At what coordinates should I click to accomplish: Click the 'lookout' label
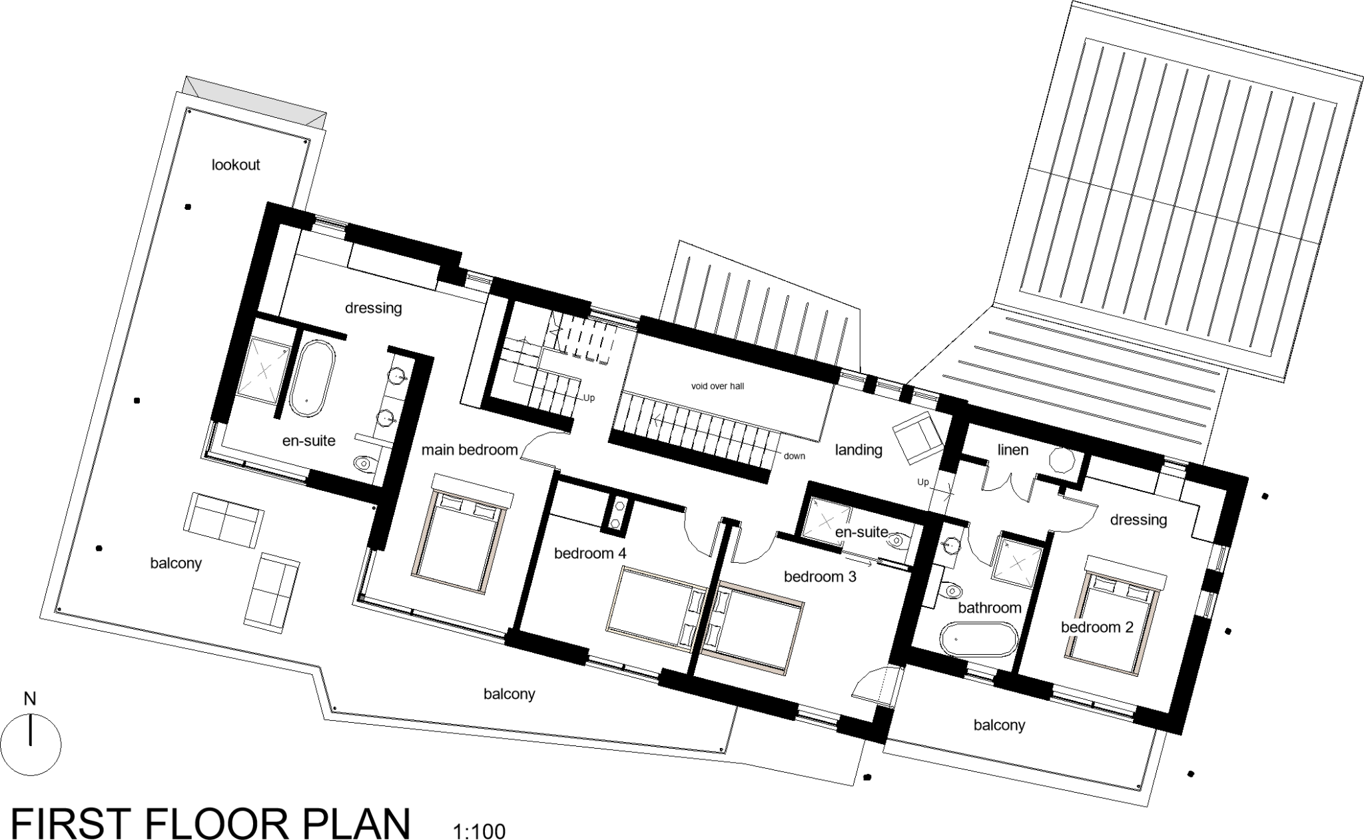[x=236, y=165]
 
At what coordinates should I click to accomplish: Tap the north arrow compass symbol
[x=31, y=745]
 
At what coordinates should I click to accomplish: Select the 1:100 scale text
[x=479, y=831]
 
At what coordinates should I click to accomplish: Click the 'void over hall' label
[x=717, y=386]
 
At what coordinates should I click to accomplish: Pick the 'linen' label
[x=1012, y=450]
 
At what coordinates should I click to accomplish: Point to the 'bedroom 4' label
[x=590, y=553]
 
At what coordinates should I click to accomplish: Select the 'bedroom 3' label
[x=820, y=577]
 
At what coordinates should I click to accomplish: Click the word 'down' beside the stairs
[x=795, y=456]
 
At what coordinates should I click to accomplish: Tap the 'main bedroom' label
[x=470, y=450]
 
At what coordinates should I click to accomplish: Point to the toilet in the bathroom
[x=951, y=590]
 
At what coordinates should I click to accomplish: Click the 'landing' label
[x=858, y=450]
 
